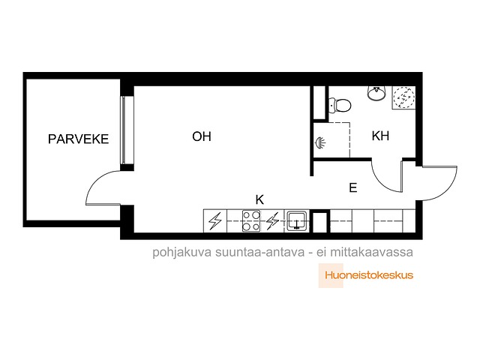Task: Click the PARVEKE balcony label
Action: pyautogui.click(x=78, y=139)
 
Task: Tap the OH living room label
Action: pyautogui.click(x=202, y=136)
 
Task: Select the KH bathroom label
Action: pyautogui.click(x=380, y=136)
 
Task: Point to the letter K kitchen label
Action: pyautogui.click(x=259, y=199)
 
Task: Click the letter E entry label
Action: pyautogui.click(x=353, y=187)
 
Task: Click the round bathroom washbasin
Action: pyautogui.click(x=376, y=93)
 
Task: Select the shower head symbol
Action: pyautogui.click(x=320, y=142)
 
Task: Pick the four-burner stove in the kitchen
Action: pyautogui.click(x=251, y=220)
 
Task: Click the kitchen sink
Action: pyautogui.click(x=296, y=220)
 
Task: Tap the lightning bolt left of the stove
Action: pyautogui.click(x=215, y=220)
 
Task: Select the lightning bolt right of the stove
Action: pyautogui.click(x=272, y=220)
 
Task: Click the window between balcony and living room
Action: pyautogui.click(x=123, y=130)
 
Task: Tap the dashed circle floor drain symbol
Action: pyautogui.click(x=403, y=97)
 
